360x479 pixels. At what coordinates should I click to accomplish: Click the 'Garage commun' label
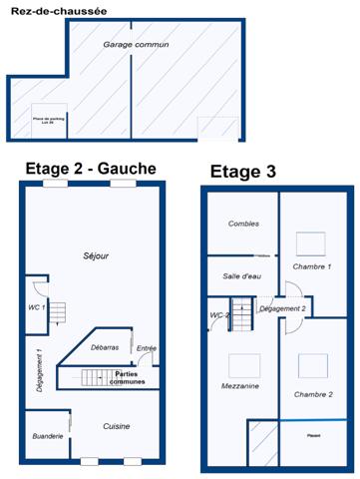(x=136, y=45)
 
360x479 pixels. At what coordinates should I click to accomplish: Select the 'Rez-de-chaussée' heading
(x=47, y=11)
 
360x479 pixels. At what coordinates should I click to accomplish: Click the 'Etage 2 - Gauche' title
(x=90, y=169)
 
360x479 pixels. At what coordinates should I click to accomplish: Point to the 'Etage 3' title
(x=244, y=172)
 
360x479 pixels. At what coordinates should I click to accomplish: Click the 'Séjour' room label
(x=97, y=256)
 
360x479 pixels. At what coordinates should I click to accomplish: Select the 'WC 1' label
(x=36, y=306)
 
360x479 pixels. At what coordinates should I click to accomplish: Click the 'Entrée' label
(x=147, y=348)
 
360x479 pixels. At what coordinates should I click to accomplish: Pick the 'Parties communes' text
(x=131, y=377)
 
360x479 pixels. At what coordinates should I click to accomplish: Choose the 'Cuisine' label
(x=117, y=426)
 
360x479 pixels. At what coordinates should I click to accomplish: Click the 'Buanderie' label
(x=48, y=436)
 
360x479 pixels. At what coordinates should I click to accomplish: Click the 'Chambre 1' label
(x=312, y=267)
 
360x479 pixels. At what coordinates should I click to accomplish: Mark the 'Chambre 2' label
(x=313, y=394)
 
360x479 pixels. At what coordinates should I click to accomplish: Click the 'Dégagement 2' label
(x=282, y=309)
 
